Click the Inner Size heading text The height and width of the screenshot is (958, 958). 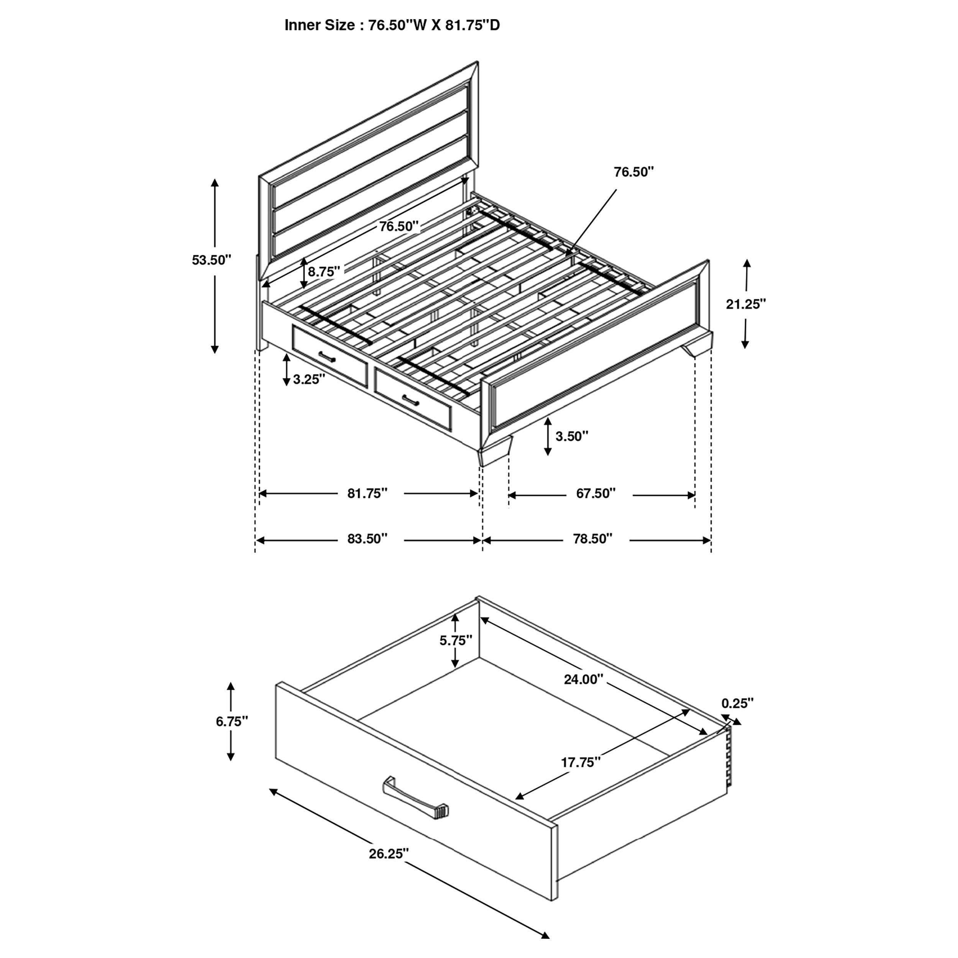click(x=392, y=25)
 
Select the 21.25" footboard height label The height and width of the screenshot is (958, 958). click(x=746, y=305)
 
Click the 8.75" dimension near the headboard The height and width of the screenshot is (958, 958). click(x=324, y=272)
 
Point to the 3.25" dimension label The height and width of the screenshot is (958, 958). click(x=308, y=380)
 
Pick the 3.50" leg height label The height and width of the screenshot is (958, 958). click(x=571, y=436)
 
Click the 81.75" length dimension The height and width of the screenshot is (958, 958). click(x=367, y=494)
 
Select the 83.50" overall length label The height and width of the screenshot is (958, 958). click(x=367, y=539)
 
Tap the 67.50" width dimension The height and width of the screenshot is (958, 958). click(x=595, y=494)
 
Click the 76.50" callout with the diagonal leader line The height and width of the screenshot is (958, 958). click(x=634, y=172)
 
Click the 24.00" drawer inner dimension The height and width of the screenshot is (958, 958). click(x=583, y=679)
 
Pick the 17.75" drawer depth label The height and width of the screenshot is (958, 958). click(x=581, y=763)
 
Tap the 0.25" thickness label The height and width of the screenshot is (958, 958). click(x=737, y=703)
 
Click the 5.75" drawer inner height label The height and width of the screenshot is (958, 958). click(x=456, y=641)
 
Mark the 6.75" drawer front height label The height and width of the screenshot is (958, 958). click(x=231, y=722)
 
